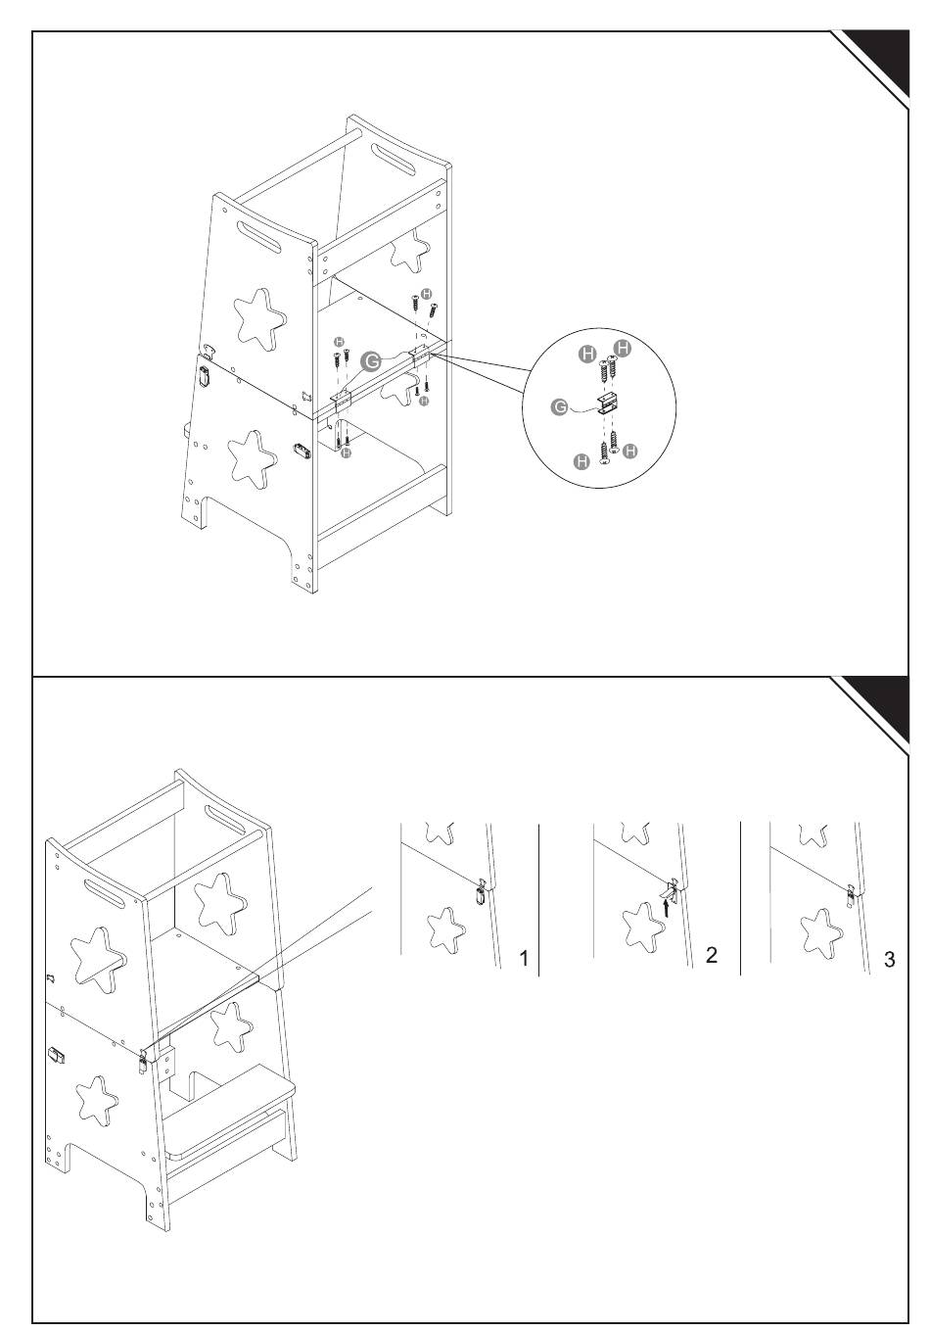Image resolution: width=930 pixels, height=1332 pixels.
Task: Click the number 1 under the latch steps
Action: pyautogui.click(x=524, y=959)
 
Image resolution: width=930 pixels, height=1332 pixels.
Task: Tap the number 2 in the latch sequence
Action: pyautogui.click(x=712, y=955)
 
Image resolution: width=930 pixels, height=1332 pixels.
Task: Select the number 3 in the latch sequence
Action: pyautogui.click(x=889, y=959)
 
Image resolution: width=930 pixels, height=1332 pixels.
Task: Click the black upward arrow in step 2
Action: pyautogui.click(x=666, y=908)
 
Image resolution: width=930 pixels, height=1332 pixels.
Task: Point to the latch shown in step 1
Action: pyautogui.click(x=480, y=892)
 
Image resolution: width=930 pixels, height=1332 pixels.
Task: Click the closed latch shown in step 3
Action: pyautogui.click(x=851, y=895)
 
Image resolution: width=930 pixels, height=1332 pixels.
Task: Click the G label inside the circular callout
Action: pyautogui.click(x=559, y=407)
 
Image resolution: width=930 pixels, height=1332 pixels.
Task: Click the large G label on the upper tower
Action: pyautogui.click(x=371, y=361)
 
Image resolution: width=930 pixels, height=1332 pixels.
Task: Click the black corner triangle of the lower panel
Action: pyautogui.click(x=879, y=707)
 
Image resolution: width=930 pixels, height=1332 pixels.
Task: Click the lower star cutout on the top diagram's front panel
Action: pyautogui.click(x=252, y=458)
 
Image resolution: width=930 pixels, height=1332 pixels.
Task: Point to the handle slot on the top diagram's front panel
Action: pyautogui.click(x=259, y=237)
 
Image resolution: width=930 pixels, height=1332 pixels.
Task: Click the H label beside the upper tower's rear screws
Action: pyautogui.click(x=426, y=294)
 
